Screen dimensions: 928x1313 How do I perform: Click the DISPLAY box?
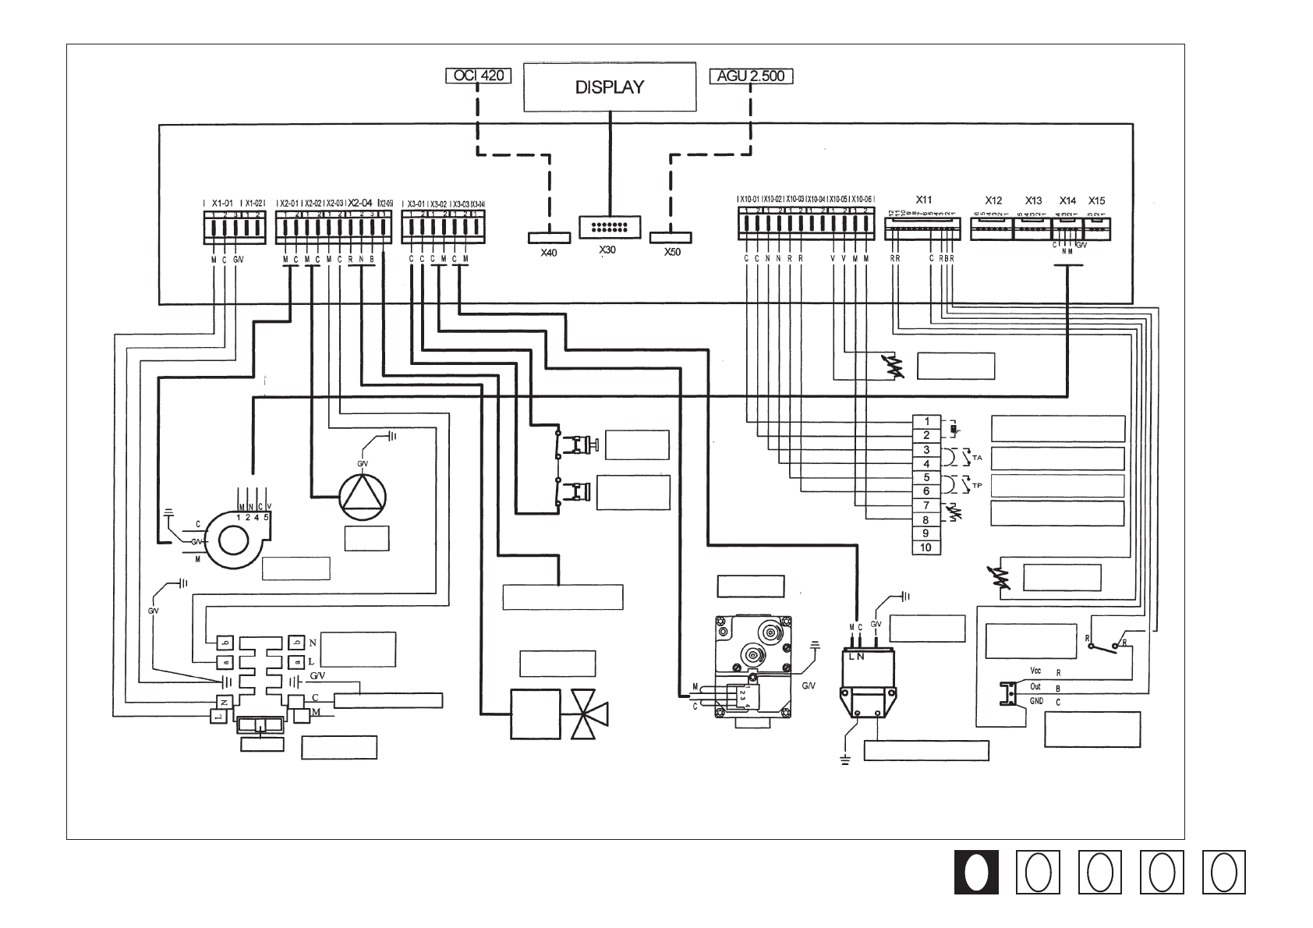609,87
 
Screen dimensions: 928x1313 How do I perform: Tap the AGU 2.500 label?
752,76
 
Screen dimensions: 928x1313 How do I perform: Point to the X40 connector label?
549,253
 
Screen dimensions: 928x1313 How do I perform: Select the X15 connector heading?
1096,200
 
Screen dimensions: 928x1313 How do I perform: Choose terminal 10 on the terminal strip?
926,547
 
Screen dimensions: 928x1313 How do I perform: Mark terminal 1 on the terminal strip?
926,421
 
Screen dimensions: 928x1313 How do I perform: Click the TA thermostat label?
977,457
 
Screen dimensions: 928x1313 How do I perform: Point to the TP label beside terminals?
977,485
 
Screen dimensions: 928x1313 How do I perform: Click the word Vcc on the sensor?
1035,671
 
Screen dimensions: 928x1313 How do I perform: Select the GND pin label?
1036,701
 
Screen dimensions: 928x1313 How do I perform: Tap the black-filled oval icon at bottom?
976,872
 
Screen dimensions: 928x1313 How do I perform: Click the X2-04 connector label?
361,201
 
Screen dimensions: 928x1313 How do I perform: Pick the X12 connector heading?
993,200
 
